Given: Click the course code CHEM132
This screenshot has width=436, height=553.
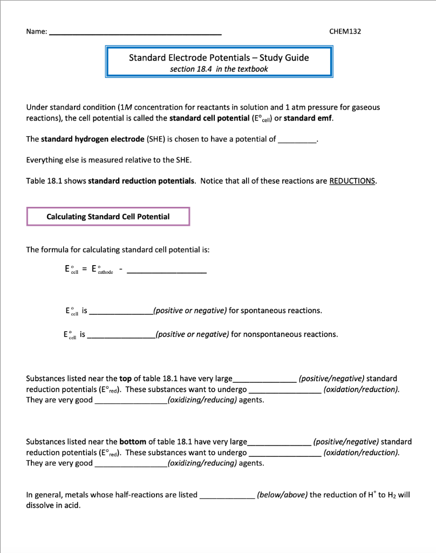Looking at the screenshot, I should click(345, 31).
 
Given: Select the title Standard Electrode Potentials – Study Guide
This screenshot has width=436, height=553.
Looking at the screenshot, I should click(219, 58).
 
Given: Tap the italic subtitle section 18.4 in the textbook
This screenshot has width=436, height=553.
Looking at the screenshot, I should click(219, 69).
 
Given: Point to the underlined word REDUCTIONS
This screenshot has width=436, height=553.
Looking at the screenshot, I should click(352, 181).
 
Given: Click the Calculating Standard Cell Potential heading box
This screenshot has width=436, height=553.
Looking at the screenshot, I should click(108, 217).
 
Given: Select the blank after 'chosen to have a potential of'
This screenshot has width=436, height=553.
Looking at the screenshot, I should click(297, 139).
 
